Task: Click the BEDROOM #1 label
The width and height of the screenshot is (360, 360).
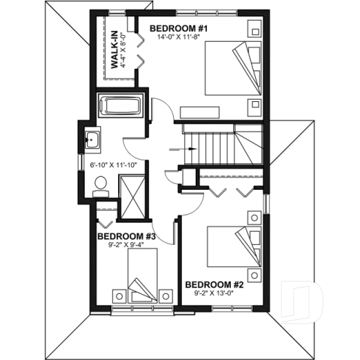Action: pyautogui.click(x=180, y=29)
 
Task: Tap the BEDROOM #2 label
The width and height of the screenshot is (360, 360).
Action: pyautogui.click(x=214, y=284)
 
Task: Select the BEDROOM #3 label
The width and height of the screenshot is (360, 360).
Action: pyautogui.click(x=127, y=236)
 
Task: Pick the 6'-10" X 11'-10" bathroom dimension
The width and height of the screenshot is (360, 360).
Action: pyautogui.click(x=114, y=165)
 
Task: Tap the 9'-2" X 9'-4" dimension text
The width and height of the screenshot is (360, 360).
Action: pyautogui.click(x=126, y=245)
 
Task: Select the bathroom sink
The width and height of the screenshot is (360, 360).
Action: pyautogui.click(x=93, y=139)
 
